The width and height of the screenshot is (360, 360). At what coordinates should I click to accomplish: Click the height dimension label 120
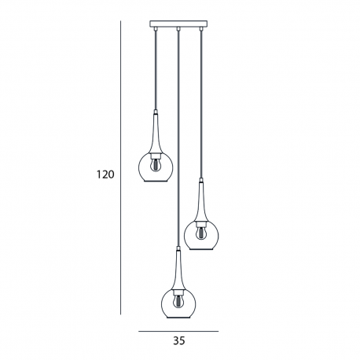tap(105, 174)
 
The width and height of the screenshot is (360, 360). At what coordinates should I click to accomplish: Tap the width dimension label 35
tap(179, 340)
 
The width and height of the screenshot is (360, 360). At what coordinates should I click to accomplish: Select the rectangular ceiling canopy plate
tap(178, 24)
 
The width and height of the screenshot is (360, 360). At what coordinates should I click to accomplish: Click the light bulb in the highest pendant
tap(156, 164)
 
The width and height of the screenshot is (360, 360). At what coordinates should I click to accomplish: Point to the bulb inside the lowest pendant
tap(178, 301)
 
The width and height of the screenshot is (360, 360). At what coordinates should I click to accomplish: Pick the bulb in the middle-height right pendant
tap(201, 233)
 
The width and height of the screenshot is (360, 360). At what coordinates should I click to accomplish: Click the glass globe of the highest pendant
tap(156, 167)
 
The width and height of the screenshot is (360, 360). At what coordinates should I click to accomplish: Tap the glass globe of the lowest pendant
tap(178, 303)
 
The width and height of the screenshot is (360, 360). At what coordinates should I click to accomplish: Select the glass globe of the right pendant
tap(201, 235)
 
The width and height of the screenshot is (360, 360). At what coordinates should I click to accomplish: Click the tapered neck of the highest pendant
tap(156, 133)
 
